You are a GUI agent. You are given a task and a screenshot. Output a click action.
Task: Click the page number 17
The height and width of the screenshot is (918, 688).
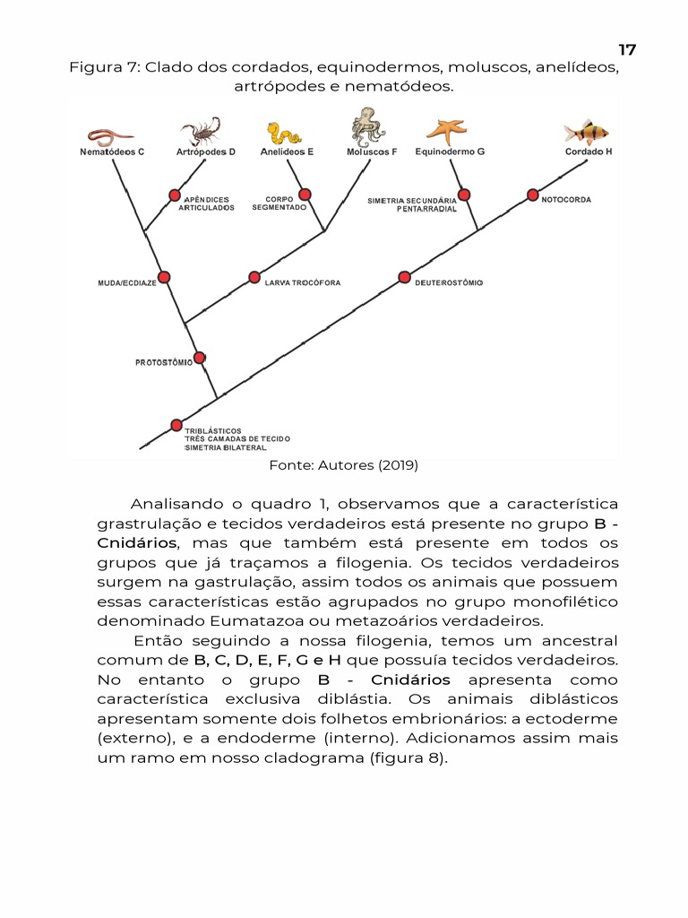click(627, 49)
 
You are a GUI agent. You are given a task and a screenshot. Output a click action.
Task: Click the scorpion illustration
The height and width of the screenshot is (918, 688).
click(202, 131)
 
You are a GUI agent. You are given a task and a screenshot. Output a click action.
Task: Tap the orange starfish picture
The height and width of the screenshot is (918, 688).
click(445, 131)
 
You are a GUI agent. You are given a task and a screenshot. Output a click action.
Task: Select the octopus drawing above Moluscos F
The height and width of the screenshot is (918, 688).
click(368, 126)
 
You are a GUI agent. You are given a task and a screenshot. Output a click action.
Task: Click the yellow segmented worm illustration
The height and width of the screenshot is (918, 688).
click(286, 134)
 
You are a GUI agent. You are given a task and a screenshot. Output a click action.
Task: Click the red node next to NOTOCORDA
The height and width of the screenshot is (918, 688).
click(532, 195)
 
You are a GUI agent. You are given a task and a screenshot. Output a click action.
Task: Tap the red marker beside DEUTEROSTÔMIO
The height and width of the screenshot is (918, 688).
click(404, 277)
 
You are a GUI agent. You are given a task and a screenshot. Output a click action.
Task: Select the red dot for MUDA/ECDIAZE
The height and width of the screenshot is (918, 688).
click(164, 277)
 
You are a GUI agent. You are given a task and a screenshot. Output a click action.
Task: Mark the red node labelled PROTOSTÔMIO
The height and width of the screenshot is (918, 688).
click(200, 358)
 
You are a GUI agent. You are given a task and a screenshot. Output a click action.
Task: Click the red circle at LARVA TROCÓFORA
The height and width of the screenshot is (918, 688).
click(254, 277)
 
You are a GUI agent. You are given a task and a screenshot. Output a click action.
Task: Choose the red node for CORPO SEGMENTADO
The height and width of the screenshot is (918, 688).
click(305, 195)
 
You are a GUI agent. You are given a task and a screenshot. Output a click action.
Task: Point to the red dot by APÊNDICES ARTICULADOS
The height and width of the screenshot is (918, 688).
click(175, 195)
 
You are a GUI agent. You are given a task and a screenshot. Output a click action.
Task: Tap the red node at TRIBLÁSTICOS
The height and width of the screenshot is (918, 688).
click(176, 425)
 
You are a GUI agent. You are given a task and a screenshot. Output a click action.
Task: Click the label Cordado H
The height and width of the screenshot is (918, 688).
click(589, 152)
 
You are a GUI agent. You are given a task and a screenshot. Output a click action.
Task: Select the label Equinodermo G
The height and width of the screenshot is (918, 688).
click(450, 152)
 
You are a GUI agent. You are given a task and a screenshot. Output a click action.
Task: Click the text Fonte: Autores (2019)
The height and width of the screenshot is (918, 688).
click(344, 465)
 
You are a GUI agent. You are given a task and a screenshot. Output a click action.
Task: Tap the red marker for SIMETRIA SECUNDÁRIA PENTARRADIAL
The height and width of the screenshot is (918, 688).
click(464, 195)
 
